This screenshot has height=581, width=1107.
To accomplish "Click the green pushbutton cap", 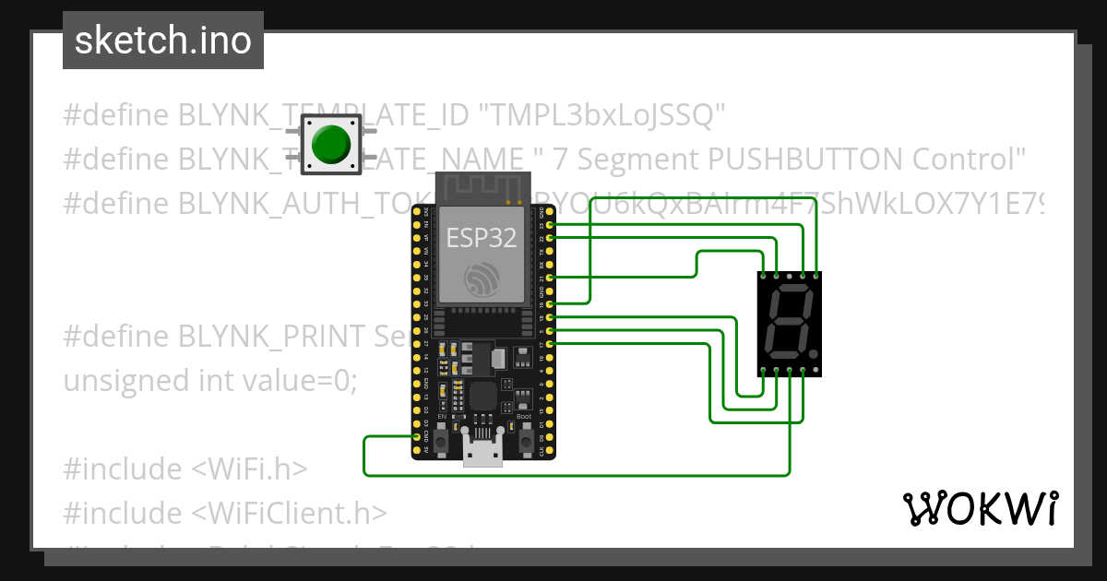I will [330, 143].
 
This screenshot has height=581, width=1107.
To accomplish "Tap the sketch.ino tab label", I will [162, 41].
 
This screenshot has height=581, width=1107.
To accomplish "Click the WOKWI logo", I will [980, 509].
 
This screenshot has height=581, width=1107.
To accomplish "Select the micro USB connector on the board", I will [482, 455].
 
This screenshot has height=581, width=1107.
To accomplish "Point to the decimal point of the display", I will [814, 355].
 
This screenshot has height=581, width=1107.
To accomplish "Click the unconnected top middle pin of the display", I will [790, 275].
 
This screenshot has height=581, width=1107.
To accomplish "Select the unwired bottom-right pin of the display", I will [816, 371].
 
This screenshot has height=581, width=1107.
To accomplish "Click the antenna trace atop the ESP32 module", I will [482, 188].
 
